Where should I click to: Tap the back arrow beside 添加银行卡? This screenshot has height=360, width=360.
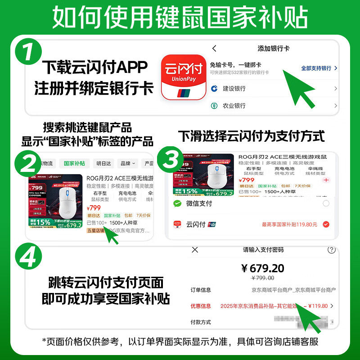(x=214, y=49)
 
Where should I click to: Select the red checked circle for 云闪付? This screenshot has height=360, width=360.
(x=326, y=224)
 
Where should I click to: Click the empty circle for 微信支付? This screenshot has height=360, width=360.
(x=326, y=204)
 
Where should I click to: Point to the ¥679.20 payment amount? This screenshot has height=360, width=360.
(x=263, y=269)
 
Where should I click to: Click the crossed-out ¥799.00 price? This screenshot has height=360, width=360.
(x=263, y=278)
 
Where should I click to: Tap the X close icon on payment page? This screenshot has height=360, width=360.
(x=195, y=250)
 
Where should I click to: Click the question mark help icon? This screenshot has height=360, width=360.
(x=332, y=250)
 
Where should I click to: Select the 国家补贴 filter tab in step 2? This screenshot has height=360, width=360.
(x=74, y=164)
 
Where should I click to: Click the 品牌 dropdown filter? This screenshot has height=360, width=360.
(x=128, y=164)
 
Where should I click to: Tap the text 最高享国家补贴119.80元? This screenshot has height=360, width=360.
(x=289, y=224)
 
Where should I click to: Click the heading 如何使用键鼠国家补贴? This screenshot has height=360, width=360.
(x=180, y=18)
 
